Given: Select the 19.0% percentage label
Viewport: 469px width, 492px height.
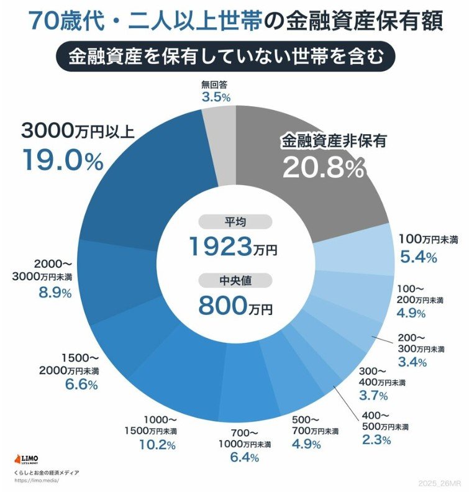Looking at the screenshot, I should pos(62,160).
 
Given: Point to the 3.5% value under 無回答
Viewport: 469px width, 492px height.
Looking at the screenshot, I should pos(216,98).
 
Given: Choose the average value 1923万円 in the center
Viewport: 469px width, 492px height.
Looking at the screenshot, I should pos(234,247).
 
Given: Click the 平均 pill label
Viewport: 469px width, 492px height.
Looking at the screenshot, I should pos(235,222).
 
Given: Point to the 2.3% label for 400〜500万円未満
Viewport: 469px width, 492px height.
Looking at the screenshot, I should pos(376,440).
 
